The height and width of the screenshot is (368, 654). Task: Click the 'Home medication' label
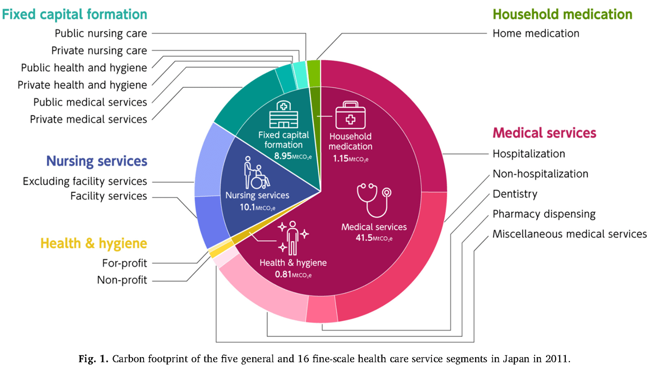(x=536, y=34)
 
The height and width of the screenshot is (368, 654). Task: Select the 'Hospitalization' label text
(x=529, y=154)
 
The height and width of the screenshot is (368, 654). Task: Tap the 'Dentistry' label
(x=515, y=194)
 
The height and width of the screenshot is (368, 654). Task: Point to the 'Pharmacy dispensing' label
(x=544, y=214)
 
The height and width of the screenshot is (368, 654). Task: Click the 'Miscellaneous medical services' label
(x=570, y=234)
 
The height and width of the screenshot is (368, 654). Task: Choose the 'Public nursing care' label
(x=101, y=33)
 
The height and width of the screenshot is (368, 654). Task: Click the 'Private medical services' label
(x=89, y=119)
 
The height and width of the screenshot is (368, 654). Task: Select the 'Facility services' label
(x=109, y=196)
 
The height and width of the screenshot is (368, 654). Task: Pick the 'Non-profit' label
(x=122, y=280)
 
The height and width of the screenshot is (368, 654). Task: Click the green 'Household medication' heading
(x=562, y=14)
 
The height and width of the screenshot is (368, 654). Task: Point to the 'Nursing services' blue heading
(x=97, y=161)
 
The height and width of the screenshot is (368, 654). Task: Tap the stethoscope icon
(x=374, y=199)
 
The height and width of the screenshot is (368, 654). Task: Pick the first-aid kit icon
(x=350, y=116)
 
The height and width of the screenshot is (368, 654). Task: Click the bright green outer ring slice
(x=313, y=67)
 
